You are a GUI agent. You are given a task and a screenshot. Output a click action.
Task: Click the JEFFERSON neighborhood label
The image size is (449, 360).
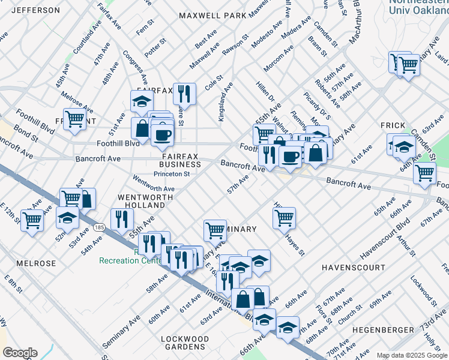(x=36, y=10)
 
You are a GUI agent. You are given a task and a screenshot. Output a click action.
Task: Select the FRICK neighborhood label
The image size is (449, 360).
(x=393, y=125)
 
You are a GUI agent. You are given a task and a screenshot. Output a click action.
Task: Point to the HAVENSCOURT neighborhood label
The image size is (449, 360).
(x=348, y=266)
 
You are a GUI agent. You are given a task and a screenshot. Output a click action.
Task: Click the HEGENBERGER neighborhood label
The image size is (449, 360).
(x=382, y=330)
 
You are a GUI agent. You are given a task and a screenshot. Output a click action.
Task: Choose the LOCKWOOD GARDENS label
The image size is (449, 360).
(x=185, y=343)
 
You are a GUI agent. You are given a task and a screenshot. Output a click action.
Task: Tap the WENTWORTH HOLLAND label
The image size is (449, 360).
(x=141, y=201)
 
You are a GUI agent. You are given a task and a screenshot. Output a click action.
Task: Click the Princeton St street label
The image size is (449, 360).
(x=172, y=175)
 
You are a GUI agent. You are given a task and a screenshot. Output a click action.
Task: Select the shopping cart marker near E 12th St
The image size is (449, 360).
(x=32, y=220)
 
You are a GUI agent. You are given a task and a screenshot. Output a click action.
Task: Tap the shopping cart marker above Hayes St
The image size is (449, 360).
(x=284, y=217)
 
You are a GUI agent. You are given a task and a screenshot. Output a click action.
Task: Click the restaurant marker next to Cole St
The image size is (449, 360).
(x=184, y=92)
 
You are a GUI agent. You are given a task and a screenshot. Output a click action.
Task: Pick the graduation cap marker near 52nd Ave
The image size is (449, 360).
(x=67, y=217)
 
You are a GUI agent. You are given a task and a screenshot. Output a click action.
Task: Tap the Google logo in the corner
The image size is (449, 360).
(x=20, y=353)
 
